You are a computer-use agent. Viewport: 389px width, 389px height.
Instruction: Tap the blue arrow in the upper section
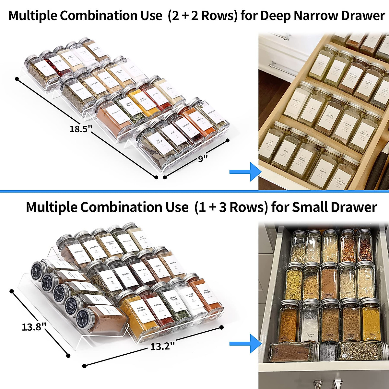[x=245, y=171]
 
